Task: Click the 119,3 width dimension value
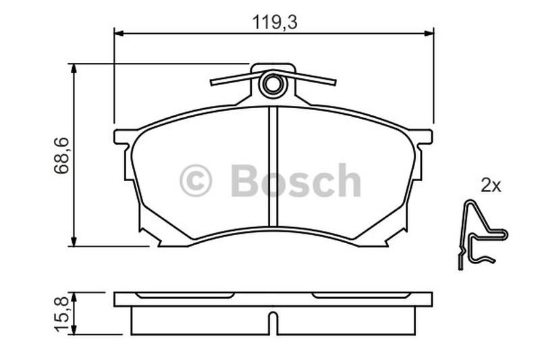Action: tap(275, 22)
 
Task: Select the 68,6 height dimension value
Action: tap(61, 155)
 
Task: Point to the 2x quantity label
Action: tap(491, 186)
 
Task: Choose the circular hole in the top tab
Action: tap(273, 84)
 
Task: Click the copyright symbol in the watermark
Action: tap(196, 181)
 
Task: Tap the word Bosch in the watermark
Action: tap(296, 180)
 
